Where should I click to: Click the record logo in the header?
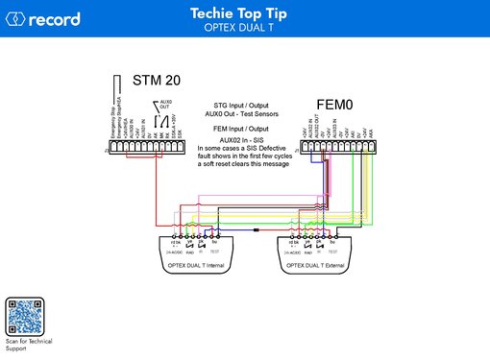[x=44, y=19]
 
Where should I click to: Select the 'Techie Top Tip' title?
[x=244, y=14]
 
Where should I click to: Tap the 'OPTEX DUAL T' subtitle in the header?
[x=244, y=29]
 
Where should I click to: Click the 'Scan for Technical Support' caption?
[x=28, y=346]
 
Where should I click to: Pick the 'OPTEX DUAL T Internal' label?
[x=196, y=263]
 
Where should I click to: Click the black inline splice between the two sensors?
[x=257, y=231]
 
